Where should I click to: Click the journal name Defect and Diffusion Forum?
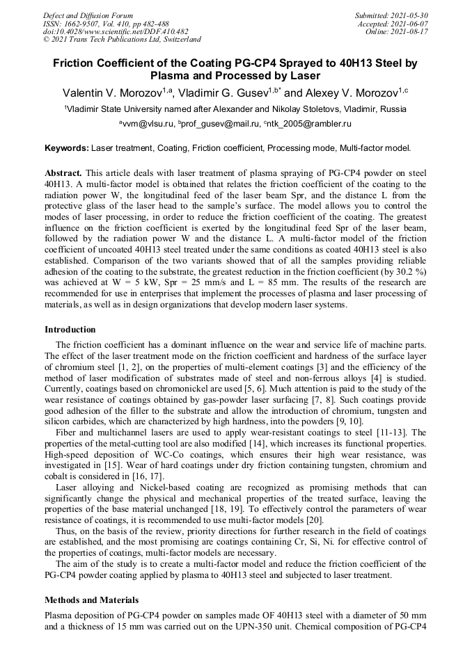pyautogui.click(x=88, y=15)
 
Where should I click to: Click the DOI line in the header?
pyautogui.click(x=116, y=31)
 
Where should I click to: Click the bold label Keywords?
pyautogui.click(x=67, y=148)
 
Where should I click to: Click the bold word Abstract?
pyautogui.click(x=64, y=172)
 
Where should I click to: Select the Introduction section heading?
pyautogui.click(x=70, y=329)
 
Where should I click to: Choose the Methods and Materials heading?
pyautogui.click(x=91, y=600)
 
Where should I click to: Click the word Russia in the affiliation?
pyautogui.click(x=391, y=109)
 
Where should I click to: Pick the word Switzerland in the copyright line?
pyautogui.click(x=177, y=40)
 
